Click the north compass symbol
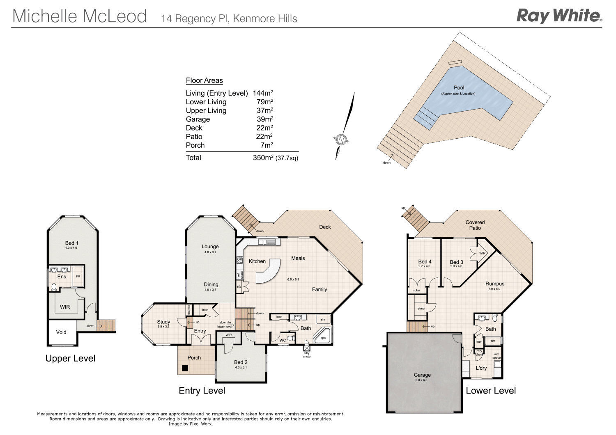(x=342, y=140)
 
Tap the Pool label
(x=459, y=88)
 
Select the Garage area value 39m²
(x=265, y=119)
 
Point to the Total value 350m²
(x=263, y=158)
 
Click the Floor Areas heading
(x=204, y=80)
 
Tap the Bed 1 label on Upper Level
(x=71, y=243)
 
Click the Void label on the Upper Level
(x=61, y=332)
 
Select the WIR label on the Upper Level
(x=65, y=307)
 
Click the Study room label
(x=163, y=322)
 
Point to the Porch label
(x=194, y=358)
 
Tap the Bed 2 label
(x=241, y=362)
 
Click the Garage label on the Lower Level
(x=422, y=375)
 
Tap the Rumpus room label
(x=495, y=284)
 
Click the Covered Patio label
(x=475, y=225)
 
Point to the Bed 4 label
(x=425, y=261)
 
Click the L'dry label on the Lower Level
(x=481, y=368)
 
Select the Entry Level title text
(x=202, y=391)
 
